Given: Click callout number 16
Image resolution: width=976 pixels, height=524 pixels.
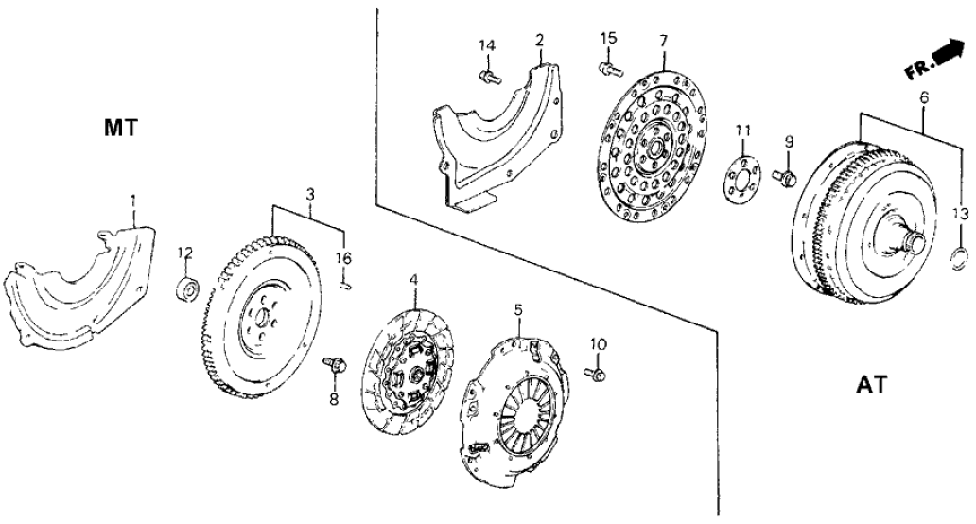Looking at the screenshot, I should pyautogui.click(x=344, y=257).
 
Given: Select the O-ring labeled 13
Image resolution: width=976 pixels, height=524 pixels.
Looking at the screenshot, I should pyautogui.click(x=960, y=253).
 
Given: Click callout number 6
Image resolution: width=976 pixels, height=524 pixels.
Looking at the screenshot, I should pyautogui.click(x=923, y=98).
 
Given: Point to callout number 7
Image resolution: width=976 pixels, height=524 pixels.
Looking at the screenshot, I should pyautogui.click(x=664, y=41).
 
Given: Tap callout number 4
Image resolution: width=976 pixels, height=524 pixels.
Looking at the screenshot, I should pyautogui.click(x=412, y=280).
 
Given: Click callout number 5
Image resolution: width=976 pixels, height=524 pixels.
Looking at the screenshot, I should pyautogui.click(x=517, y=308).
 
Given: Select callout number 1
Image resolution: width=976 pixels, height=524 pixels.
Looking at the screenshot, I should pyautogui.click(x=133, y=201).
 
